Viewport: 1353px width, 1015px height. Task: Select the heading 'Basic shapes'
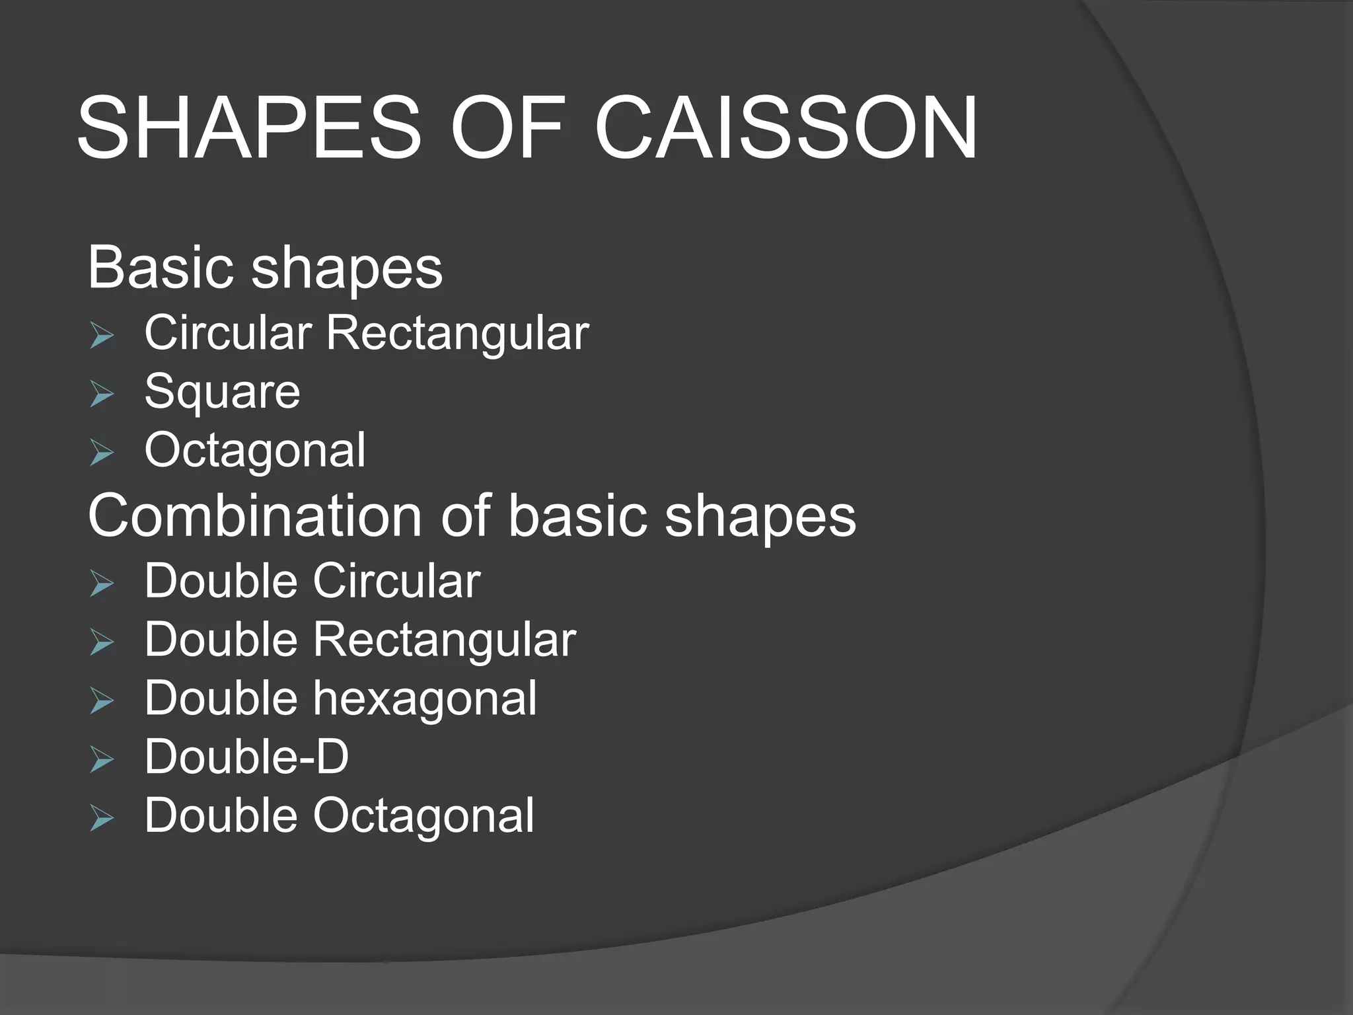click(265, 268)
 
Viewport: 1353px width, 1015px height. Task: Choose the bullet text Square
click(222, 393)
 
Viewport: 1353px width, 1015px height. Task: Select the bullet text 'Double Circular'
click(312, 582)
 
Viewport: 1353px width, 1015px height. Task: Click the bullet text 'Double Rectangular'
click(360, 640)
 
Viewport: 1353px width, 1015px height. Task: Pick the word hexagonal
click(425, 698)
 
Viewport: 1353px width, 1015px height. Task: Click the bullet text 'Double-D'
click(246, 757)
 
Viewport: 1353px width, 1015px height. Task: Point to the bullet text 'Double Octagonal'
click(339, 815)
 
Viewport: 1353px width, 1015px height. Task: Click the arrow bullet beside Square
click(102, 395)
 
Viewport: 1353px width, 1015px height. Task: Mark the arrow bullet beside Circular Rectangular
click(102, 336)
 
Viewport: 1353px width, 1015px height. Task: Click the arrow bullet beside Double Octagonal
click(102, 819)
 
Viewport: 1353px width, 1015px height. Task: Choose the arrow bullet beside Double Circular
click(102, 584)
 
